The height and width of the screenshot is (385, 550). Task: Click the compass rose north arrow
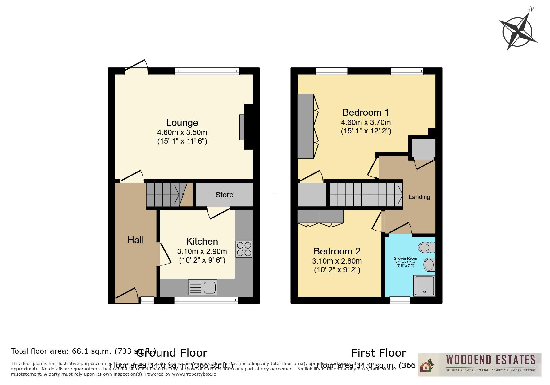[x=518, y=30]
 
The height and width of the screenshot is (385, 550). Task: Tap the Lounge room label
[x=182, y=123]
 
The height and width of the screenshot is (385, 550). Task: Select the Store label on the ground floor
[x=224, y=195]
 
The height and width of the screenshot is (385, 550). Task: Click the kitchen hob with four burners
[x=244, y=249]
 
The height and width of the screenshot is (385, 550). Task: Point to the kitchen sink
[x=202, y=287]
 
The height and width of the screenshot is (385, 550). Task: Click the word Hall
[x=135, y=240]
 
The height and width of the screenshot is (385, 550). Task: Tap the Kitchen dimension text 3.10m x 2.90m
[x=202, y=251]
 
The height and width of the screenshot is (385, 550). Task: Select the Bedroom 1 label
[x=366, y=112]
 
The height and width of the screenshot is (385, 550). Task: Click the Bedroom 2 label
[x=337, y=251]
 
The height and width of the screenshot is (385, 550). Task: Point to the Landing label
[x=419, y=197]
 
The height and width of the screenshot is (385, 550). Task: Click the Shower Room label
[x=405, y=259]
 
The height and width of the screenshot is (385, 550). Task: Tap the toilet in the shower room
[x=426, y=248]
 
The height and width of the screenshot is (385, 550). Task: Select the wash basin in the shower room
[x=429, y=265]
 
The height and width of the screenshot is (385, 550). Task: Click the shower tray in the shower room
[x=424, y=285]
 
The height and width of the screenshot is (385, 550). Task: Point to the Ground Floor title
[x=171, y=353]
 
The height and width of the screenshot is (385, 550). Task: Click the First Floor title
[x=379, y=353]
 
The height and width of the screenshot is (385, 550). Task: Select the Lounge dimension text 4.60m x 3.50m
[x=182, y=132]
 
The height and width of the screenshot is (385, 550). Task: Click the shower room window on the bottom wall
[x=400, y=300]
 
